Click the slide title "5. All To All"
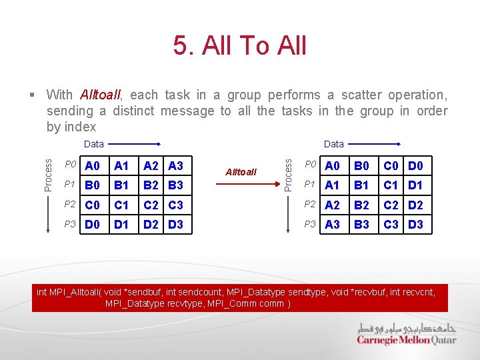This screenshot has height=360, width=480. [239, 45]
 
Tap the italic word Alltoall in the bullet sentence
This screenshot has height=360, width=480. [100, 95]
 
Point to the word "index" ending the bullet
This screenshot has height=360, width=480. [81, 127]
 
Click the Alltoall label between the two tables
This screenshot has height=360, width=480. [241, 171]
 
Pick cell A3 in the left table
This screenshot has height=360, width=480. [175, 166]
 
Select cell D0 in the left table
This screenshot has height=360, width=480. [93, 225]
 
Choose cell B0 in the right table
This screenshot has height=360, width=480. [361, 166]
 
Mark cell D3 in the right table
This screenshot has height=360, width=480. [415, 225]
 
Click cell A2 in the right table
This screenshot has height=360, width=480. [332, 205]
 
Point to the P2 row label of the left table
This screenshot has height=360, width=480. [70, 205]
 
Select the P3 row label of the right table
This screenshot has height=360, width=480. [310, 225]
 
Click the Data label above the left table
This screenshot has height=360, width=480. [94, 144]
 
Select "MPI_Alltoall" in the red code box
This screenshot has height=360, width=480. [75, 292]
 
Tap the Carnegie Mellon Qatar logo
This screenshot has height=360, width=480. [407, 334]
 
